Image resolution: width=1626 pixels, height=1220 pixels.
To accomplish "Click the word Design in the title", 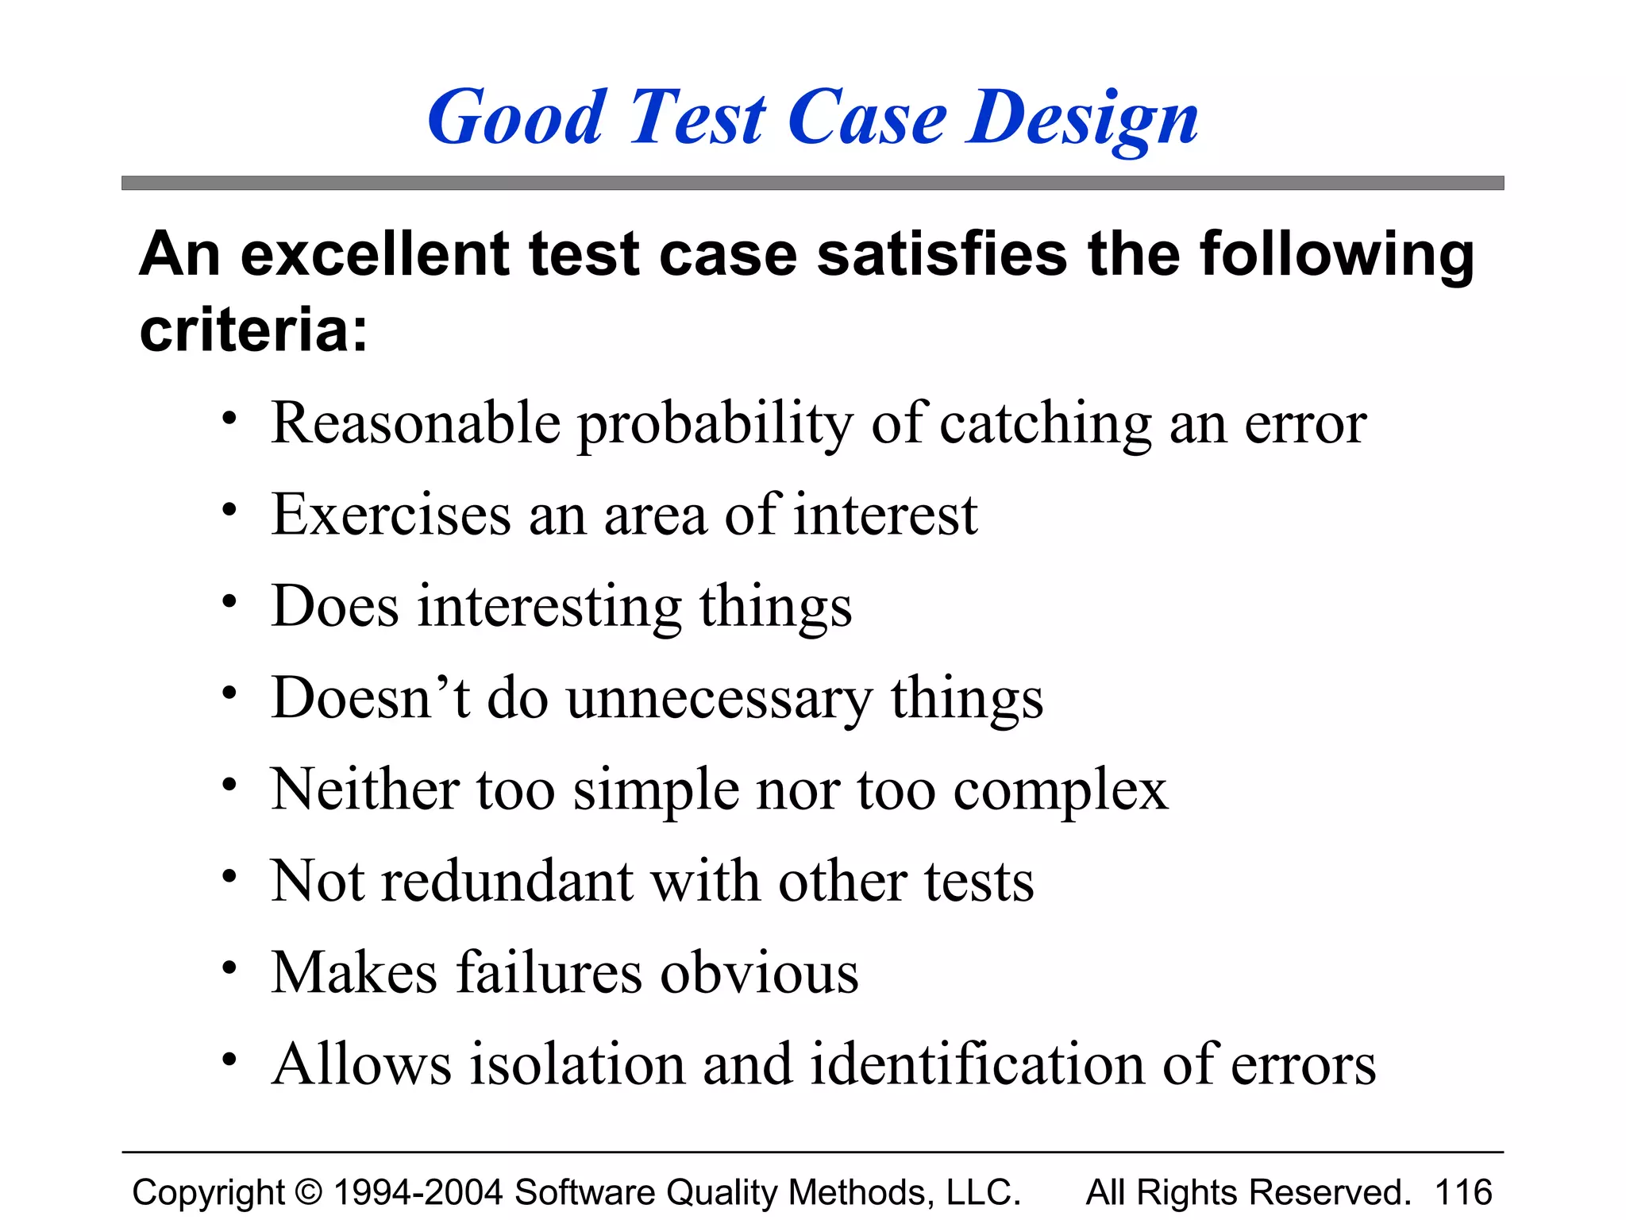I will coord(1082,119).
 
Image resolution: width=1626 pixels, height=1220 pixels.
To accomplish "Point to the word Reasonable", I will coord(416,423).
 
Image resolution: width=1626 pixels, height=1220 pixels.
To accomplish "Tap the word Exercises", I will coord(391,515).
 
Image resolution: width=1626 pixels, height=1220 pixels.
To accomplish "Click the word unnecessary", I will coord(719,699).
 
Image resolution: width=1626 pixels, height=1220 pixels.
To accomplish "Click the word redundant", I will coord(507,882).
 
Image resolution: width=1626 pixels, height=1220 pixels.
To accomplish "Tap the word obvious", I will coord(759,973).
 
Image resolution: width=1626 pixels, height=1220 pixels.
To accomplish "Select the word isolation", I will coord(577,1064).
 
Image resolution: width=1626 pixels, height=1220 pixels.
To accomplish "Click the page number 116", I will coord(1463,1192).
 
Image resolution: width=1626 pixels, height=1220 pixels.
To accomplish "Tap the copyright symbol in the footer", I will coord(309,1192).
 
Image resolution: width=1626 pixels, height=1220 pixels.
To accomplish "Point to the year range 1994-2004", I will coord(418,1192).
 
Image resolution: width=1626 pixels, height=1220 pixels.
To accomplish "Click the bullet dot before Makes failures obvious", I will coord(229,968).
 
